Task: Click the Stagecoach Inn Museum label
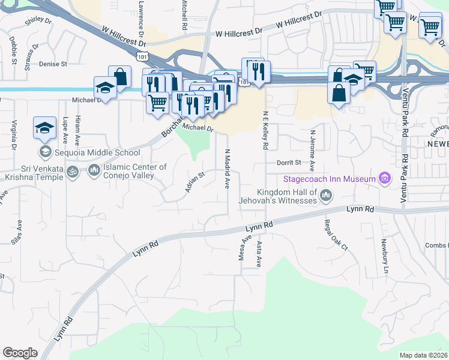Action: click(329, 179)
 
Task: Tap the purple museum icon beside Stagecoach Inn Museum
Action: click(385, 178)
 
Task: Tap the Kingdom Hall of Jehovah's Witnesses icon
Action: click(326, 195)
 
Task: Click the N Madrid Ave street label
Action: click(227, 169)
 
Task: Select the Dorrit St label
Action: click(288, 163)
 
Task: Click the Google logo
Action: click(20, 353)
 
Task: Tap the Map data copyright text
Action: click(423, 355)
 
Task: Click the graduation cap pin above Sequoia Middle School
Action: click(44, 128)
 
